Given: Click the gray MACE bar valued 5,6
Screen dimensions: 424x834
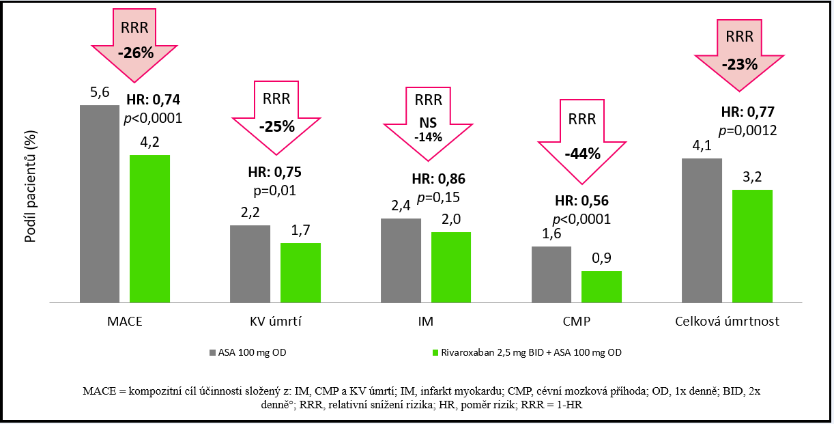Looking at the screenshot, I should click(100, 203).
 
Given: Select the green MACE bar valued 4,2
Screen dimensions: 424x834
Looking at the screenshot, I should click(149, 229).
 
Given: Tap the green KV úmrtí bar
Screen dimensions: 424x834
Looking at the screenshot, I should click(300, 272).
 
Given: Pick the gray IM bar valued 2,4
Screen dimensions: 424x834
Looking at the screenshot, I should click(401, 260).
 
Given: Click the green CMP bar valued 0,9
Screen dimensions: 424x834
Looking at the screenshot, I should click(601, 287).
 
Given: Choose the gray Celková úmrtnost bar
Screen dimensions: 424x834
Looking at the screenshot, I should click(702, 230).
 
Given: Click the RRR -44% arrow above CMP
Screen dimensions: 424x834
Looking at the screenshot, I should click(581, 143).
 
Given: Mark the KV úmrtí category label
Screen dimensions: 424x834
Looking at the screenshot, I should click(275, 322).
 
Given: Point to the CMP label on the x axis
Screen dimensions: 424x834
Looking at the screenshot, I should click(577, 322).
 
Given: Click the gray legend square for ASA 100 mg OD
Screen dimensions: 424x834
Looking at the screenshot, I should click(212, 353).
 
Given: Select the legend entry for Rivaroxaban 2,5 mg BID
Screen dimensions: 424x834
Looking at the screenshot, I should click(526, 353).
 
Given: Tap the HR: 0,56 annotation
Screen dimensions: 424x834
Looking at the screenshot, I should click(581, 201).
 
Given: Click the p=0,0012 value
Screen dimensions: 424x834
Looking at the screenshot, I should click(749, 130).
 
